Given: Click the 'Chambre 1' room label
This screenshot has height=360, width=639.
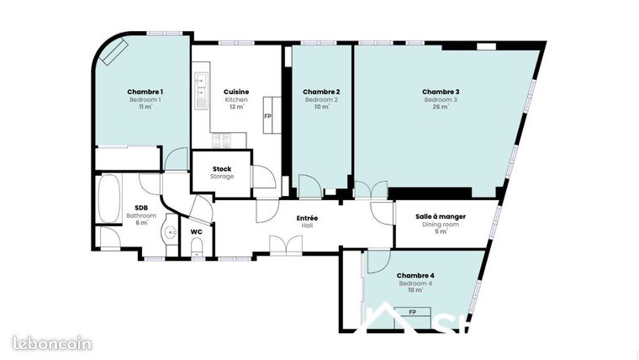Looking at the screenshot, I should pyautogui.click(x=145, y=92).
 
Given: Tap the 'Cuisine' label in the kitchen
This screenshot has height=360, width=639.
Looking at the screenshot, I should pyautogui.click(x=235, y=92).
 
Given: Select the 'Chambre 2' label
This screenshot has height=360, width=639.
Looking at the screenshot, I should pyautogui.click(x=321, y=92).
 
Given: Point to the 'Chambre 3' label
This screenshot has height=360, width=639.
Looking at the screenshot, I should pyautogui.click(x=441, y=92).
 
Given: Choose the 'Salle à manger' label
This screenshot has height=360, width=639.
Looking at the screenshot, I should pyautogui.click(x=441, y=216).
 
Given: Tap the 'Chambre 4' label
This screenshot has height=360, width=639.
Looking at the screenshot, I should pyautogui.click(x=415, y=275).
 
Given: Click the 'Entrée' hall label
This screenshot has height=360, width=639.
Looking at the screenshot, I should pyautogui.click(x=307, y=218).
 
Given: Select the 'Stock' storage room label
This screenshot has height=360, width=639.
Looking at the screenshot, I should pyautogui.click(x=222, y=169).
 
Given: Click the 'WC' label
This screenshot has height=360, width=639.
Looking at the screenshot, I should pyautogui.click(x=196, y=231).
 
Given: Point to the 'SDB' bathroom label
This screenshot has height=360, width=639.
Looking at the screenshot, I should pyautogui.click(x=141, y=208).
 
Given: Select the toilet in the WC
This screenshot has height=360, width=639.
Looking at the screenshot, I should pyautogui.click(x=197, y=246).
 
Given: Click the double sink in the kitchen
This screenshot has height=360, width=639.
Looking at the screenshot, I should pyautogui.click(x=201, y=91).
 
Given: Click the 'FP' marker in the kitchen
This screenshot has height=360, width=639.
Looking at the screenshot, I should pyautogui.click(x=268, y=116).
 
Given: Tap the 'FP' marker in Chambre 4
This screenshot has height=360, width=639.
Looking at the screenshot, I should pyautogui.click(x=413, y=312).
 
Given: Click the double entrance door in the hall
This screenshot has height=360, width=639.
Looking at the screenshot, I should pyautogui.click(x=286, y=245).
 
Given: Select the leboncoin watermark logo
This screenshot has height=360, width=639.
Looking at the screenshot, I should pyautogui.click(x=52, y=343).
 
